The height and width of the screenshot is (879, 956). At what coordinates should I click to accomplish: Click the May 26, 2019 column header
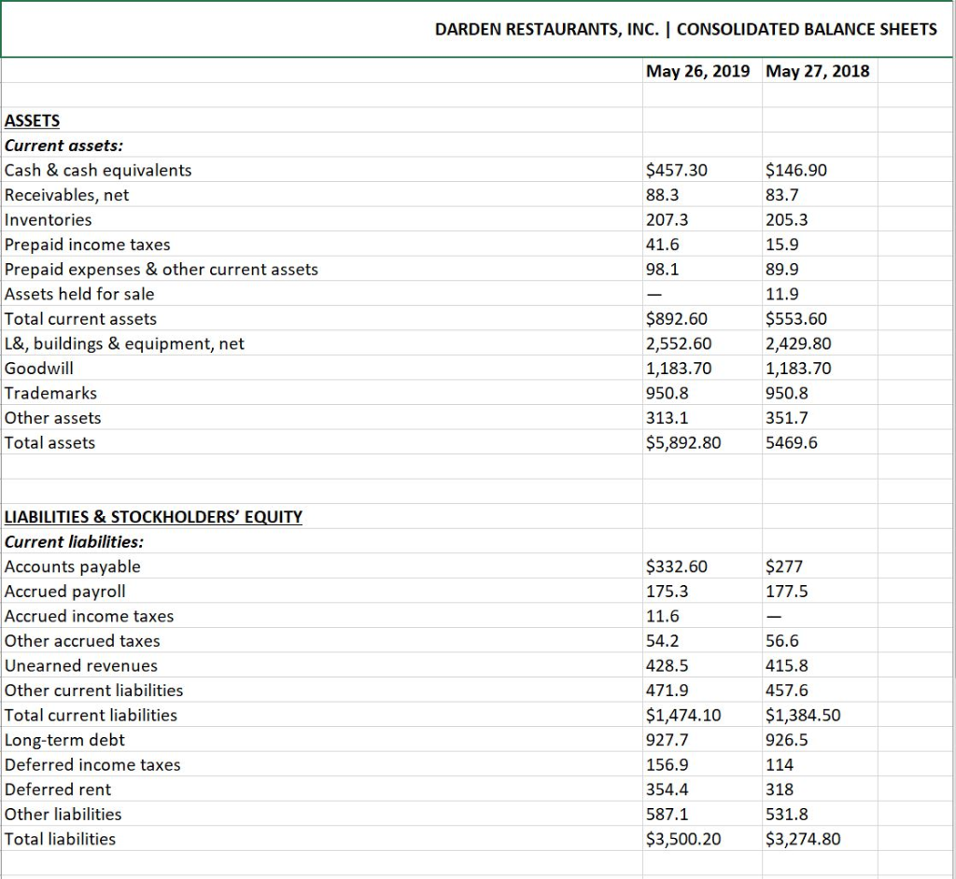[x=698, y=70]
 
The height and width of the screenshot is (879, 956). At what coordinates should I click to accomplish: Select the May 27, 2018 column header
[x=817, y=70]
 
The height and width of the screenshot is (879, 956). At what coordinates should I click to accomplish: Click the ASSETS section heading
[x=32, y=120]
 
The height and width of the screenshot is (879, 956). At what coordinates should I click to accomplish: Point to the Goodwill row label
[x=39, y=368]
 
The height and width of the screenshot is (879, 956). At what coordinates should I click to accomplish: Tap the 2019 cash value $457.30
[x=677, y=170]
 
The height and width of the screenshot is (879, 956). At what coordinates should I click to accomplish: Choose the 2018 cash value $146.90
[x=795, y=170]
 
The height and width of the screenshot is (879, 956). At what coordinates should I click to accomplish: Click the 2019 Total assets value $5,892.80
[x=683, y=442]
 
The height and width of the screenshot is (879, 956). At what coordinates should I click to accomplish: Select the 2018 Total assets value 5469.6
[x=791, y=442]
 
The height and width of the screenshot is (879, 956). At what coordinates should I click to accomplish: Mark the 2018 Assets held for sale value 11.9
[x=780, y=294]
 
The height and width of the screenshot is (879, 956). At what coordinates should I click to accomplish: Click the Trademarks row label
[x=50, y=393]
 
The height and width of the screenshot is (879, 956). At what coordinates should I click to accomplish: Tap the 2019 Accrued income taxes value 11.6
[x=663, y=616]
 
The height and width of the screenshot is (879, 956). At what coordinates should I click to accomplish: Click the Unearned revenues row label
[x=81, y=665]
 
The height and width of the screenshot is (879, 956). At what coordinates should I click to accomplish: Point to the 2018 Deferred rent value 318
[x=779, y=789]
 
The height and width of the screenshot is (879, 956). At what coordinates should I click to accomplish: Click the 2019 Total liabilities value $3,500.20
[x=683, y=839]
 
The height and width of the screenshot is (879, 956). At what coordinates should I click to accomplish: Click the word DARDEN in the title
[x=470, y=29]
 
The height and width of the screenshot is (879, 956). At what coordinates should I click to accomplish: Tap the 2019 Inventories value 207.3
[x=667, y=219]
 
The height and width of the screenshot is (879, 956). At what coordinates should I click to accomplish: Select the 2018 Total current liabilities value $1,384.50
[x=802, y=715]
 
